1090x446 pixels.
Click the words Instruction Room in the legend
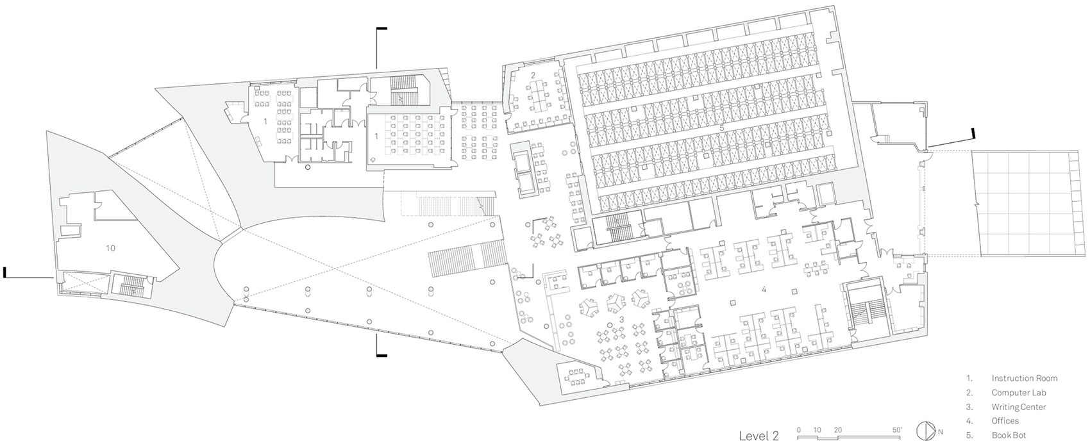coord(1025,378)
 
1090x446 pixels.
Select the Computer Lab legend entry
coord(1019,393)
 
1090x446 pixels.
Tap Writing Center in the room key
coord(1019,407)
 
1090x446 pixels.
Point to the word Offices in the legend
coord(1005,421)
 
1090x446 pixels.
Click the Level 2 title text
coord(759,435)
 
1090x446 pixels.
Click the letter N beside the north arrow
coord(941,431)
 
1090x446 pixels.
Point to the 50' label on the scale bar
coord(897,430)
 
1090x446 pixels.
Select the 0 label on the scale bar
coord(798,430)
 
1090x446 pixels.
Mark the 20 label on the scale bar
coord(837,430)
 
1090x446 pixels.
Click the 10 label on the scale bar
coord(817,430)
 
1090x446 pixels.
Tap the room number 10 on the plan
coord(110,248)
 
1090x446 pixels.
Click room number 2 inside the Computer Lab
coord(533,76)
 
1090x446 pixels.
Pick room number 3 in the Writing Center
coord(622,319)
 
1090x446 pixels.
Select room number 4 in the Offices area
coord(764,290)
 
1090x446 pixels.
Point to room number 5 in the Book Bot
coord(722,128)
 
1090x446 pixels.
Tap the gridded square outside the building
coord(1029,204)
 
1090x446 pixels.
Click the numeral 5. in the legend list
coord(968,435)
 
